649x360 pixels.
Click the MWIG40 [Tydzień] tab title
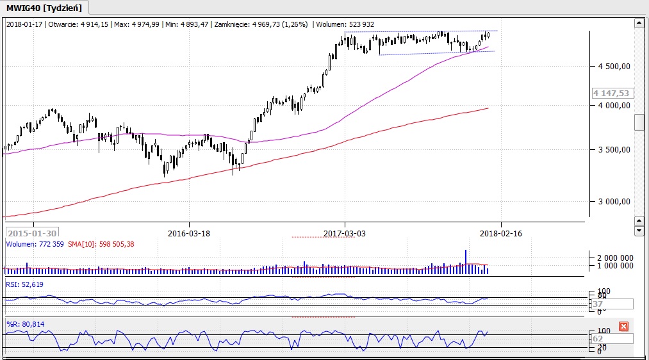(x=44, y=8)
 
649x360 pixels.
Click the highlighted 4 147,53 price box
(x=612, y=94)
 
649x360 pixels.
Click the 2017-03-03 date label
(x=345, y=234)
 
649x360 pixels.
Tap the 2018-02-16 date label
(x=501, y=234)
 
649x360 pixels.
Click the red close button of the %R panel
(x=623, y=327)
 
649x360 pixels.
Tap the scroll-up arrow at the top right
(x=639, y=24)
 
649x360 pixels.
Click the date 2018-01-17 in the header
(x=24, y=24)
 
